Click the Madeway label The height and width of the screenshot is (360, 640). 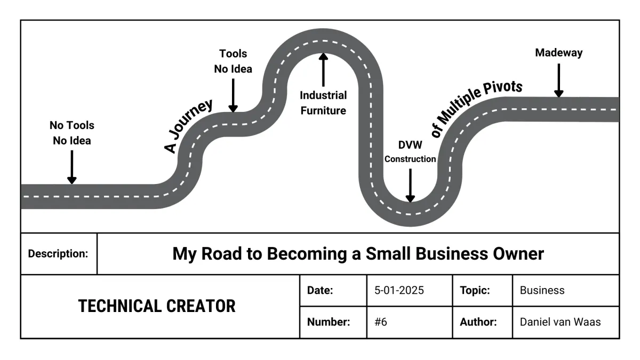pos(558,53)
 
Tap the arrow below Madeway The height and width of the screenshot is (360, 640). pos(558,81)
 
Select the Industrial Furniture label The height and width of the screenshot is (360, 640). pos(323,103)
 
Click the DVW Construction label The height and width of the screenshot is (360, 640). pos(410,152)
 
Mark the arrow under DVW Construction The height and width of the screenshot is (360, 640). pos(410,186)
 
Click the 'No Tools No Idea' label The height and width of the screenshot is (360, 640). pos(71,133)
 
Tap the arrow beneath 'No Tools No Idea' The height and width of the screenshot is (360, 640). pos(71,167)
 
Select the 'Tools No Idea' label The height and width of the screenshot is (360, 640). pos(233,61)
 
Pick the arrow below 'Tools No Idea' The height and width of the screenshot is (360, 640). pos(233,95)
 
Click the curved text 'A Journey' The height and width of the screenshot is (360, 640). pos(188,126)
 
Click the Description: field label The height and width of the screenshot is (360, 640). pos(58,254)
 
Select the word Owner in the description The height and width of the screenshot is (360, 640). pos(516,254)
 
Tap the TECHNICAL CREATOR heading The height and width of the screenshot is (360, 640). pos(157,306)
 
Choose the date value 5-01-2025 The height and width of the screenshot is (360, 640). pos(399,291)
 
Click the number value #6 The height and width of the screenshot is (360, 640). pos(381,322)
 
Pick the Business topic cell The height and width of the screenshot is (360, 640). pos(542,291)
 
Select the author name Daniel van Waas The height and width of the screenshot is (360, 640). pos(560,322)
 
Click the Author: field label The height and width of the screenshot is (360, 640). pos(478,322)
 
